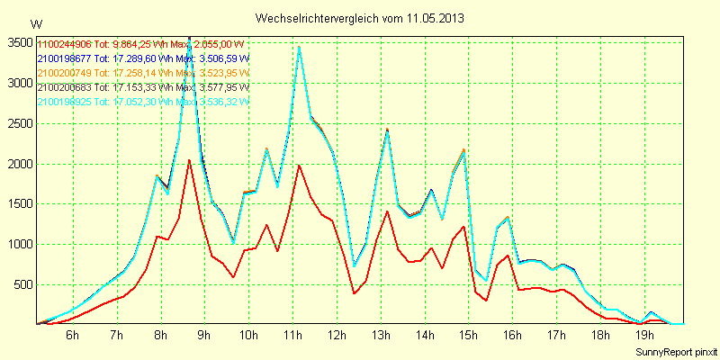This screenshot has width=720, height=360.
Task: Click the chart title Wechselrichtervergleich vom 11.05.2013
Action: (x=360, y=18)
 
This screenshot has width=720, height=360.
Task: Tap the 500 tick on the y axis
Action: (x=22, y=284)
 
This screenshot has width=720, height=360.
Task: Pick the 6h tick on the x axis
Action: (x=73, y=335)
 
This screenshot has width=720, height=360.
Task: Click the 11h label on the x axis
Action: (x=292, y=335)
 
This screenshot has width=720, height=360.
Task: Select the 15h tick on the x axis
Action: (x=468, y=335)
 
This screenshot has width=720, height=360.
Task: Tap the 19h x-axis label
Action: (x=644, y=335)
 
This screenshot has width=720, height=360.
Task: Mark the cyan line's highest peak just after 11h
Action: (x=299, y=47)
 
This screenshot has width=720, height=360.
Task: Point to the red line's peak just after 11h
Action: (x=299, y=166)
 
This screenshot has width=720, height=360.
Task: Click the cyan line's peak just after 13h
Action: (x=387, y=130)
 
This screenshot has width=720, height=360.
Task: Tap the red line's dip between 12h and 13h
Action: (x=355, y=293)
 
